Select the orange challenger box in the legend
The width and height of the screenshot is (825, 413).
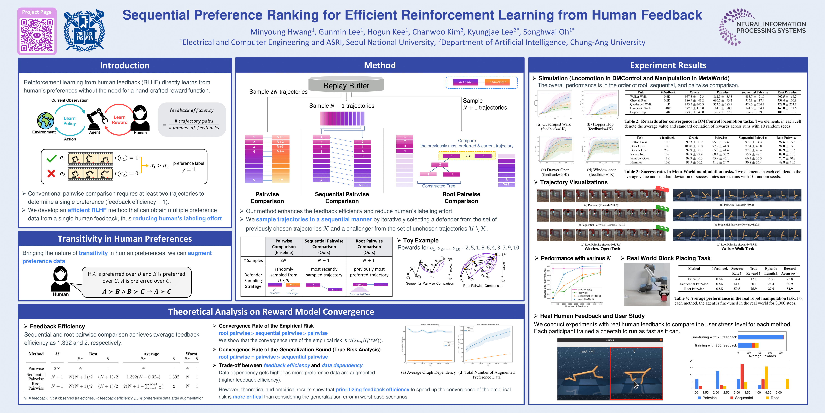(x=497, y=82)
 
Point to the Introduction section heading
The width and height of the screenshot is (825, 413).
(x=125, y=65)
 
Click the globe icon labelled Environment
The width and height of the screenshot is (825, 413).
(x=45, y=121)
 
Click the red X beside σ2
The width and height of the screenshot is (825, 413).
(x=51, y=173)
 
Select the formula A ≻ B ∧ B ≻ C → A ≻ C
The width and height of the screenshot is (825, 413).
(x=137, y=292)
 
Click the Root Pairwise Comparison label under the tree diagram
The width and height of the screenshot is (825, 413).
(x=461, y=197)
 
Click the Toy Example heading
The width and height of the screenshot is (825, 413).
(x=421, y=240)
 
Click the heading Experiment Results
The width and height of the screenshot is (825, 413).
(x=668, y=65)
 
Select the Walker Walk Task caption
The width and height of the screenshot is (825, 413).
(x=737, y=249)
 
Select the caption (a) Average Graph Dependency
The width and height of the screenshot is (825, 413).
(x=428, y=372)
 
